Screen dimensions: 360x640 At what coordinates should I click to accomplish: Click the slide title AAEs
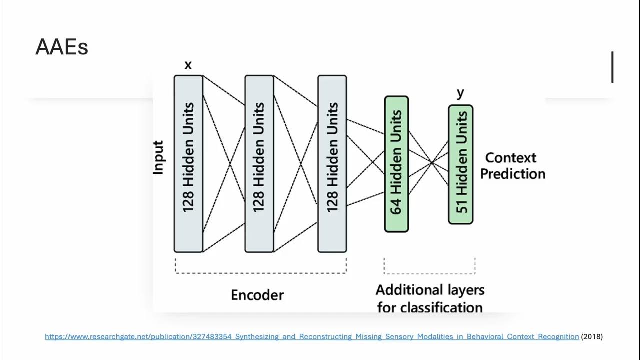(62, 47)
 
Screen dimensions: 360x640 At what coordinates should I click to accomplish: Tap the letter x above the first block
(188, 65)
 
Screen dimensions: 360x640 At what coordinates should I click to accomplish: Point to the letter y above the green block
(460, 93)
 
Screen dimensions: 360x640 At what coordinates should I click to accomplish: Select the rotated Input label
(158, 158)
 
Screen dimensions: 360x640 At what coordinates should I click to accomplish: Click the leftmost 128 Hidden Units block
(188, 164)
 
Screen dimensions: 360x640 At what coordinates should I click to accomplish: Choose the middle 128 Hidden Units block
(259, 164)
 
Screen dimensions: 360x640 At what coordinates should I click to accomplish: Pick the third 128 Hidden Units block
(332, 164)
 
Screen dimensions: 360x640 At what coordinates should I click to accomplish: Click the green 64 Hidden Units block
(396, 164)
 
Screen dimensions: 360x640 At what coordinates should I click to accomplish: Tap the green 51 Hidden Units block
(460, 164)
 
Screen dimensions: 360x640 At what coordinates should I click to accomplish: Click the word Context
(511, 158)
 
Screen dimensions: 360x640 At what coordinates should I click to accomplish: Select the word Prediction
(513, 174)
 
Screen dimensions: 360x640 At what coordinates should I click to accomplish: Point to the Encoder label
(257, 295)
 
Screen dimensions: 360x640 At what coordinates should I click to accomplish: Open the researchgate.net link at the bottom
(312, 337)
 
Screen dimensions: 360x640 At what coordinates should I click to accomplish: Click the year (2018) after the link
(592, 337)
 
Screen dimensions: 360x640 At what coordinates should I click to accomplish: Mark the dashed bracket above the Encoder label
(260, 272)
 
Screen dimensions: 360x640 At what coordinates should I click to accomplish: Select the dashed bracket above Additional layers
(429, 273)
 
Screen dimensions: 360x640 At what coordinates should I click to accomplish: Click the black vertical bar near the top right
(612, 67)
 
